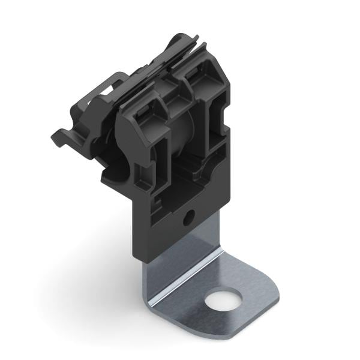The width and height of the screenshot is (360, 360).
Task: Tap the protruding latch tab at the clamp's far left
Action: tap(60, 137)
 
